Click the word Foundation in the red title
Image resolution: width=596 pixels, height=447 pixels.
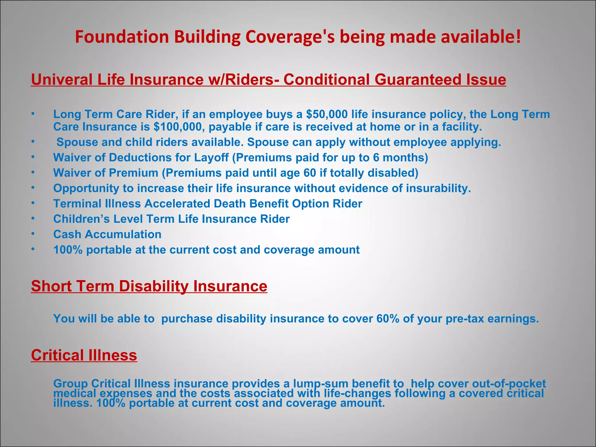(x=122, y=37)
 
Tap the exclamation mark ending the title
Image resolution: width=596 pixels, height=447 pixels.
(x=518, y=37)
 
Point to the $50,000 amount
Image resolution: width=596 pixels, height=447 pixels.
(x=327, y=114)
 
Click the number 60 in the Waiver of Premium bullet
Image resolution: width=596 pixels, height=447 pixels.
(x=310, y=173)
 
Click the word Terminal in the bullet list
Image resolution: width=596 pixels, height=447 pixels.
(x=77, y=204)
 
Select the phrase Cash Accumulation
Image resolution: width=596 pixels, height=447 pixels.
(x=107, y=235)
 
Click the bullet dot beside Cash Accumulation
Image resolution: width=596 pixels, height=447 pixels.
(x=33, y=233)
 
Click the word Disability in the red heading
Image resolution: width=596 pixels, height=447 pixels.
(x=154, y=286)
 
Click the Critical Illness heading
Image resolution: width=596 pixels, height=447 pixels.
(x=84, y=355)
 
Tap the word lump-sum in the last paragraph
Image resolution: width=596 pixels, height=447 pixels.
(x=320, y=384)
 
